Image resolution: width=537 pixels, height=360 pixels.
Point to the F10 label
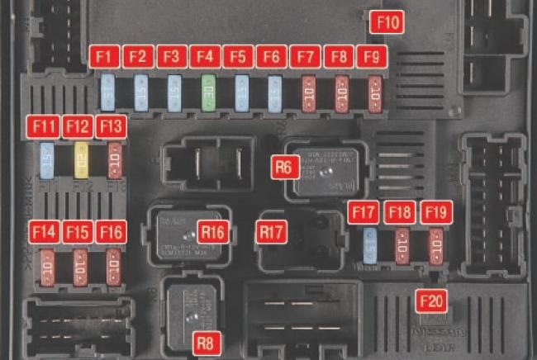click(387, 22)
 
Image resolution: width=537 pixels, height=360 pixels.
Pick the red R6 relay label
click(285, 167)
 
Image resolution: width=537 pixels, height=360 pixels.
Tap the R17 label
click(271, 232)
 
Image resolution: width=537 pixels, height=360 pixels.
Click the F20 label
click(431, 300)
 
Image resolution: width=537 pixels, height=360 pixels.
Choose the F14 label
click(44, 232)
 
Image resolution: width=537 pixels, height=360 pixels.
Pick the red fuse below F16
click(113, 268)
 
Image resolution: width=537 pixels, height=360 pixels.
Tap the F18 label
click(401, 211)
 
